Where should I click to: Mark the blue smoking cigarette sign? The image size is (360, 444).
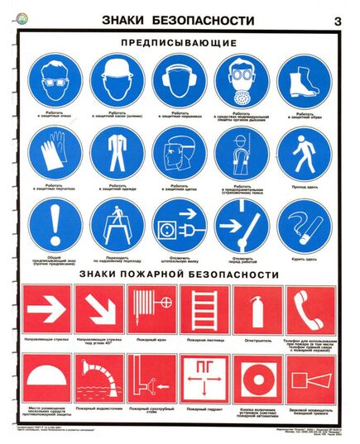pos(302,224)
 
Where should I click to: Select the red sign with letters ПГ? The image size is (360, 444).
pos(204,380)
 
